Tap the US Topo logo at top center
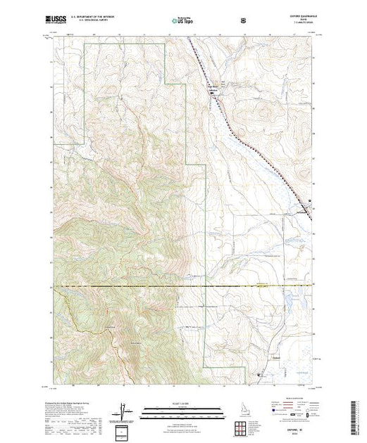pos(182,21)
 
